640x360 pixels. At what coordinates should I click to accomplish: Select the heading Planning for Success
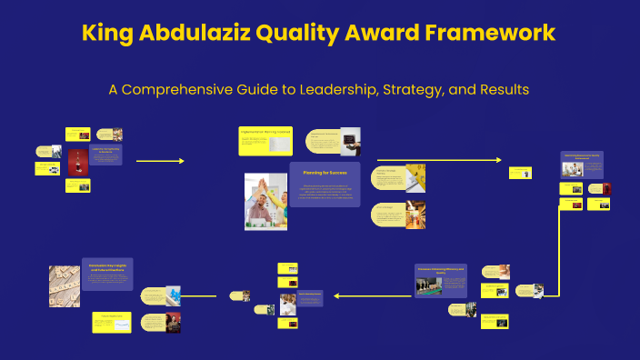[x=325, y=170]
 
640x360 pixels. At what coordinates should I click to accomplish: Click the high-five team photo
[x=265, y=201]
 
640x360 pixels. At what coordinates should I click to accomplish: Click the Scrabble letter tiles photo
[x=65, y=285]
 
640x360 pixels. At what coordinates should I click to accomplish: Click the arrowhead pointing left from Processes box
[x=336, y=295]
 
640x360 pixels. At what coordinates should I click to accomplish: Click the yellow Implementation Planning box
[x=265, y=141]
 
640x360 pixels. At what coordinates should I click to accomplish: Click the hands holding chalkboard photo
[x=350, y=141]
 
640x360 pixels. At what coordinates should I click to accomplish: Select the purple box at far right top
[x=581, y=164]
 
